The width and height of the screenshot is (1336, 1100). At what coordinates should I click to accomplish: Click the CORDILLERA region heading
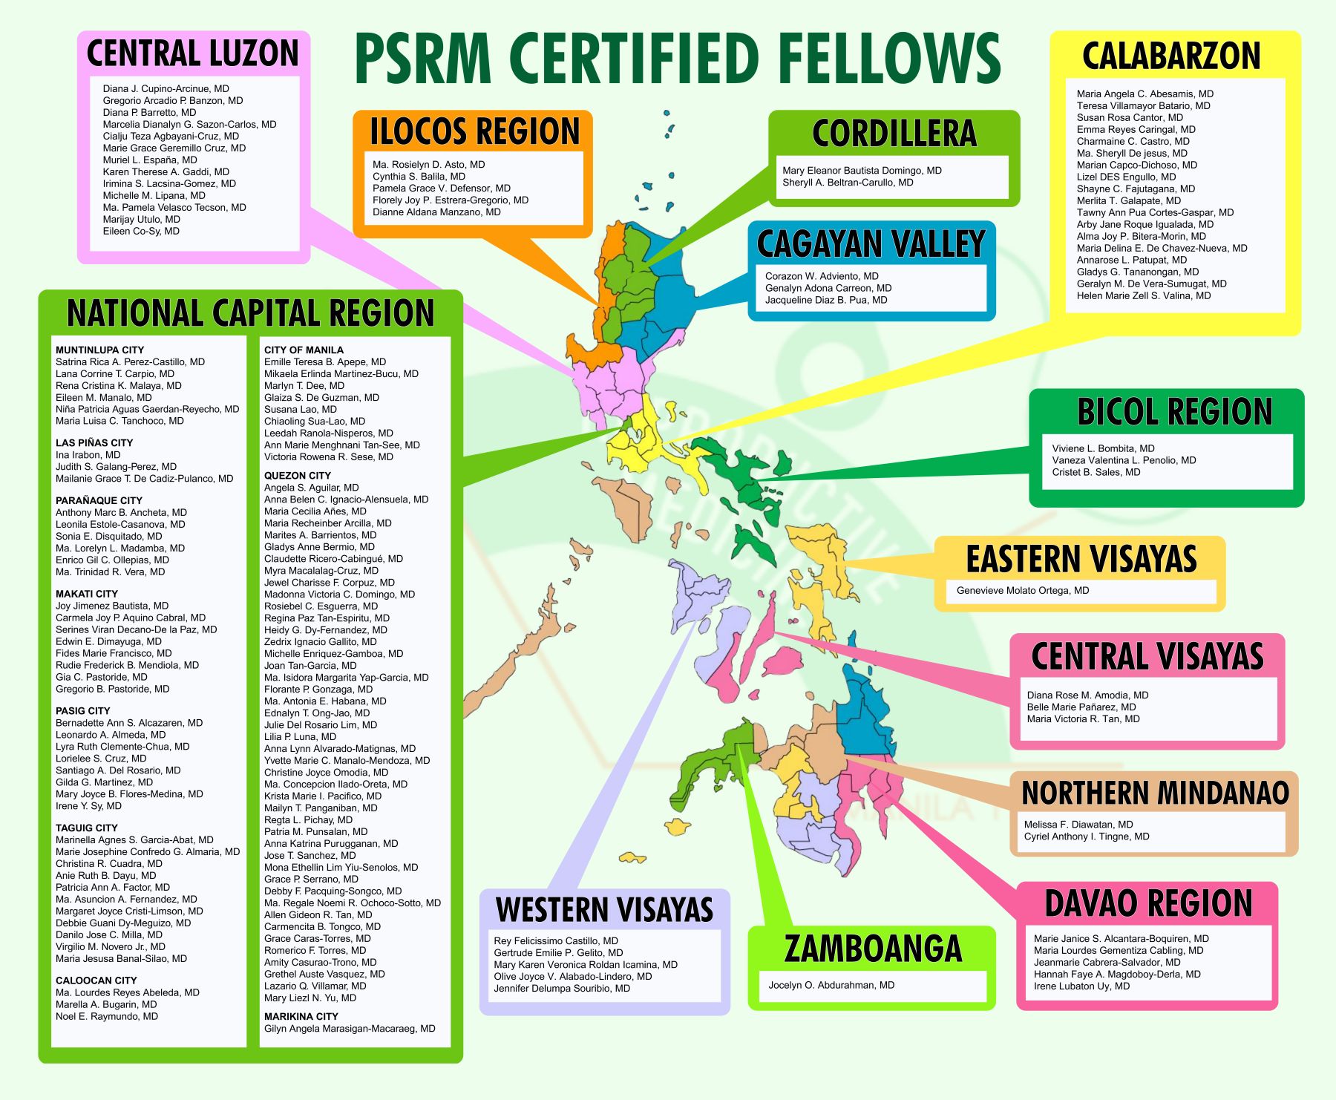click(x=894, y=134)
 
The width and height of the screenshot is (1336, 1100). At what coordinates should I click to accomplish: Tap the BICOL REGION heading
click(x=1174, y=412)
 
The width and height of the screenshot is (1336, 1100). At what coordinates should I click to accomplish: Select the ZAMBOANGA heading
click(x=872, y=949)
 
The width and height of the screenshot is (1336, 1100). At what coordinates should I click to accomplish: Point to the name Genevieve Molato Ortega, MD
click(x=1022, y=591)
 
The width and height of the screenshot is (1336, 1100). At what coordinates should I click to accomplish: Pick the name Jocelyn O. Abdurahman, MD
click(x=831, y=986)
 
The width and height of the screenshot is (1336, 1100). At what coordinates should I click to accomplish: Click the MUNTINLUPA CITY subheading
click(x=99, y=350)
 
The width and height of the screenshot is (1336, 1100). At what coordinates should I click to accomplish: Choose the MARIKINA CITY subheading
click(x=301, y=1017)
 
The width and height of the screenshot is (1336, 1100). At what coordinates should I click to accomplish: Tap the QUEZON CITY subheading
click(x=297, y=476)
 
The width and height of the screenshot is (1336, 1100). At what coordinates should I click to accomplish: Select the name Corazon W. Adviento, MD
click(x=822, y=276)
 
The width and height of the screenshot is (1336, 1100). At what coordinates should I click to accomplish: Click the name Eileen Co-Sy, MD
click(x=141, y=232)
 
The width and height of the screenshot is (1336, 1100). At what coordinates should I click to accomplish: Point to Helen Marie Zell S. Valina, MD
click(x=1143, y=296)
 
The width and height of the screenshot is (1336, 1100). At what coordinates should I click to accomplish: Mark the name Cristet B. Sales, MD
click(x=1096, y=473)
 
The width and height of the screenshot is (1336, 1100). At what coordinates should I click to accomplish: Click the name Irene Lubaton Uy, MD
click(x=1081, y=986)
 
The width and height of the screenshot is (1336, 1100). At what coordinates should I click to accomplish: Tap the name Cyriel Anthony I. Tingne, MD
click(x=1086, y=837)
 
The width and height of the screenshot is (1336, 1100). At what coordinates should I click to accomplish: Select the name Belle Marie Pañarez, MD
click(x=1081, y=707)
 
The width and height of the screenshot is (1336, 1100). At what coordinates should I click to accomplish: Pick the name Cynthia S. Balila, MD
click(x=419, y=177)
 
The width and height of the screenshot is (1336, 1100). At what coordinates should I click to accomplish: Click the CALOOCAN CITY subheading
click(x=96, y=980)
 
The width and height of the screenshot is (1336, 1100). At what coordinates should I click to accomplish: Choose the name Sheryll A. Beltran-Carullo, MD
click(x=847, y=183)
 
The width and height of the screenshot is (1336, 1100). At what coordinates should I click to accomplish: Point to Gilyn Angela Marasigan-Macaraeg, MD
click(x=350, y=1029)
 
